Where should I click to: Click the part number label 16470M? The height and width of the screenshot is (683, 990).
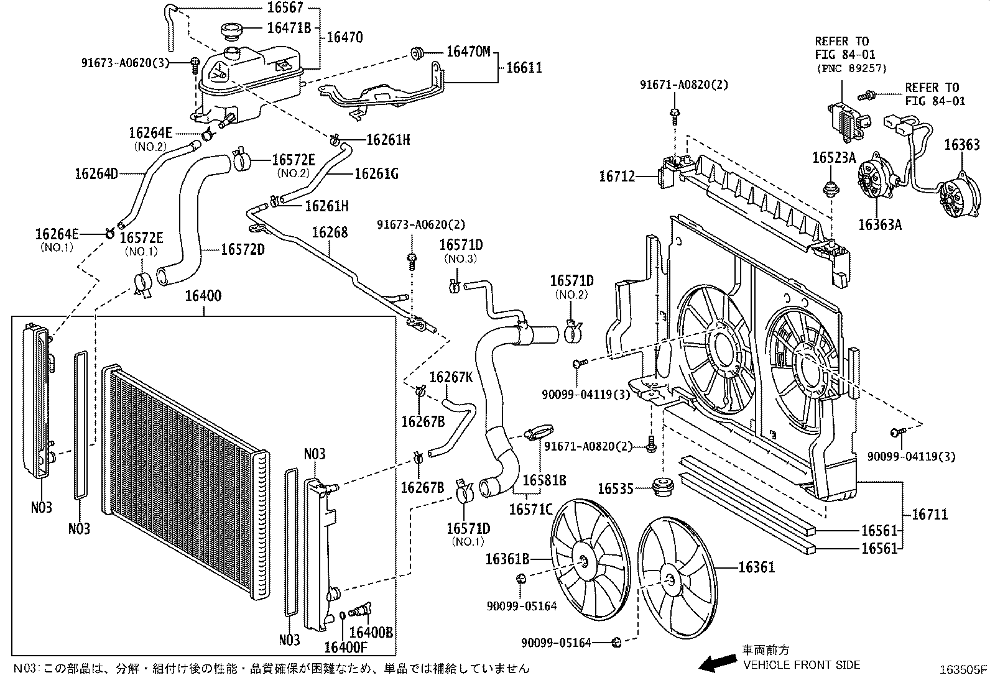click(468, 52)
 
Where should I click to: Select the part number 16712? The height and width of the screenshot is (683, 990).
click(617, 176)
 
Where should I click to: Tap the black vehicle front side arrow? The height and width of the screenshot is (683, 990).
click(715, 664)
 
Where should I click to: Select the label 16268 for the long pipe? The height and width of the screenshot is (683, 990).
click(330, 233)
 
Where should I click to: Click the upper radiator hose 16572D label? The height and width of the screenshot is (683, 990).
click(243, 250)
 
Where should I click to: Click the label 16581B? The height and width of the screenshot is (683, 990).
click(544, 480)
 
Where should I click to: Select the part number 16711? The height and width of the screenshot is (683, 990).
click(930, 514)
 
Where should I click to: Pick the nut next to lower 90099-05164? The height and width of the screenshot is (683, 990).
click(616, 642)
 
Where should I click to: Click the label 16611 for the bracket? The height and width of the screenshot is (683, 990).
click(524, 67)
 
